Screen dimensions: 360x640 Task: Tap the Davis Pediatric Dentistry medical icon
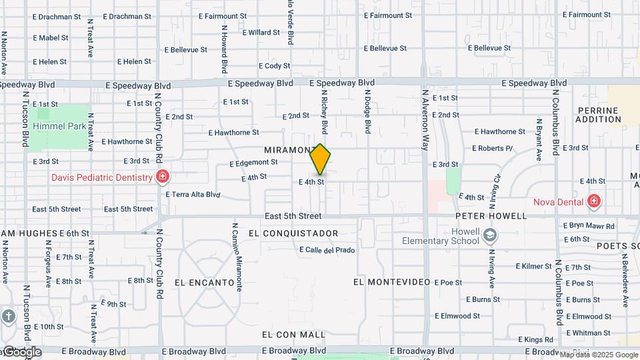[x=162, y=177]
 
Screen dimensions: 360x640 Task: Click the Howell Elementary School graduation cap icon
[x=490, y=235]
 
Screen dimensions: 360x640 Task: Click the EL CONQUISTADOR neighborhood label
[x=293, y=233]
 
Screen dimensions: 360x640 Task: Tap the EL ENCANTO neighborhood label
[x=205, y=283]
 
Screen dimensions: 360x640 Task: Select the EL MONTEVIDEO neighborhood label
[x=391, y=283]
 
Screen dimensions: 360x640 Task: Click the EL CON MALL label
[x=294, y=335]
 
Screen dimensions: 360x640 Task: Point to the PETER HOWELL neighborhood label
[x=491, y=216]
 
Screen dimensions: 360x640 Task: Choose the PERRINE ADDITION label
[x=599, y=115]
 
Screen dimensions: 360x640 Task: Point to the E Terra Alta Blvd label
[x=193, y=195]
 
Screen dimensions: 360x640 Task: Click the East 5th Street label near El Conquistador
[x=293, y=216]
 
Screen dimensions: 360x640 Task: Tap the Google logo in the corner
[x=21, y=352]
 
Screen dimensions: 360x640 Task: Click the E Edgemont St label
[x=253, y=163]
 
